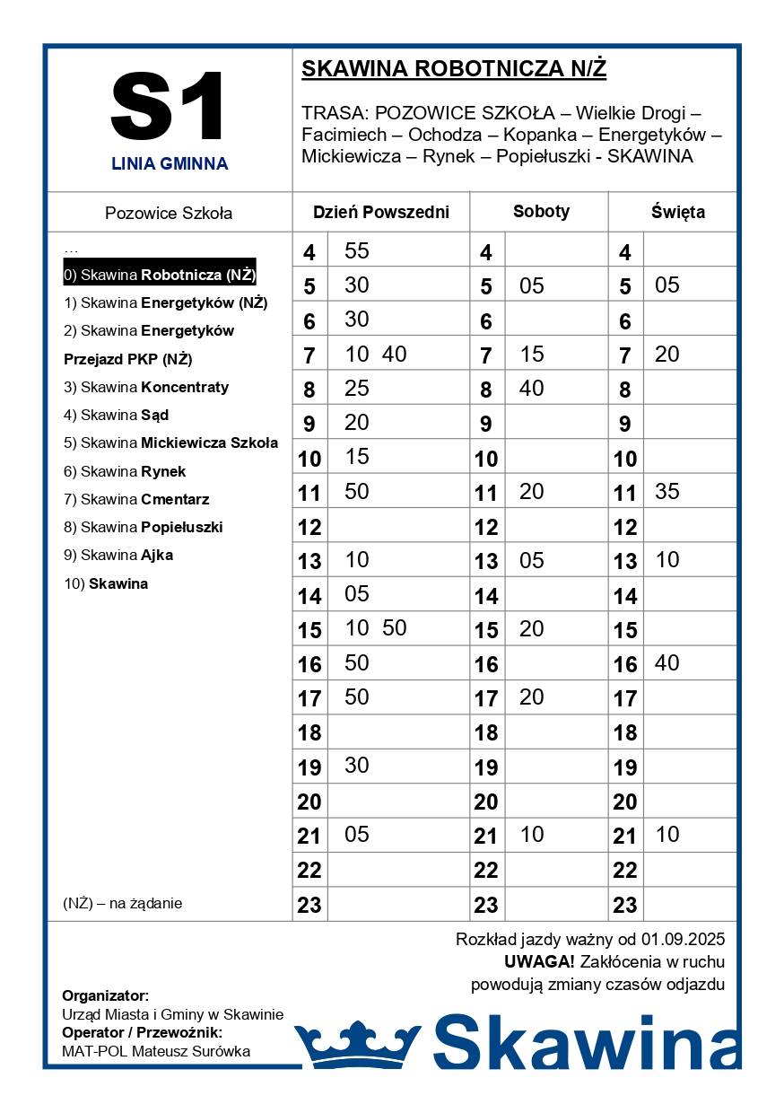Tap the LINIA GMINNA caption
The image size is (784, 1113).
(x=170, y=164)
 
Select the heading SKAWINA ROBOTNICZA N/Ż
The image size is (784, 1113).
(x=454, y=69)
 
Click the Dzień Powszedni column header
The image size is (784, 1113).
(x=381, y=213)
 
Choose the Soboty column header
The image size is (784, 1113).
(x=541, y=212)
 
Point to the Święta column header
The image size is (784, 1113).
(x=677, y=213)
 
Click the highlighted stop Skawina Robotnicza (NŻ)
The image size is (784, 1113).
(x=160, y=275)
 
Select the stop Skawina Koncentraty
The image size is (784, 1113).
(x=146, y=387)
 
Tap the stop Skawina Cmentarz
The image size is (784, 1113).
(x=136, y=499)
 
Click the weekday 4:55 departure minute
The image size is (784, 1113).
(x=357, y=251)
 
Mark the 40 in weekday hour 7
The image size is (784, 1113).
(x=395, y=355)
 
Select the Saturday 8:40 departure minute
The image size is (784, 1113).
(x=532, y=389)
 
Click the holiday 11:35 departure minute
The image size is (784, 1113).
(x=667, y=492)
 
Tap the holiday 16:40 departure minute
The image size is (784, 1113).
(x=667, y=663)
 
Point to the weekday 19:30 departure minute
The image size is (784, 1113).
(x=357, y=766)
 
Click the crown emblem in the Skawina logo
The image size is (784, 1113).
(x=357, y=1044)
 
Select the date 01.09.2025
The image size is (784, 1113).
(x=683, y=940)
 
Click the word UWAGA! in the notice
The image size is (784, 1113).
(x=539, y=962)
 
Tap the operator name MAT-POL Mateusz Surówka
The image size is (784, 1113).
(x=156, y=1051)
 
